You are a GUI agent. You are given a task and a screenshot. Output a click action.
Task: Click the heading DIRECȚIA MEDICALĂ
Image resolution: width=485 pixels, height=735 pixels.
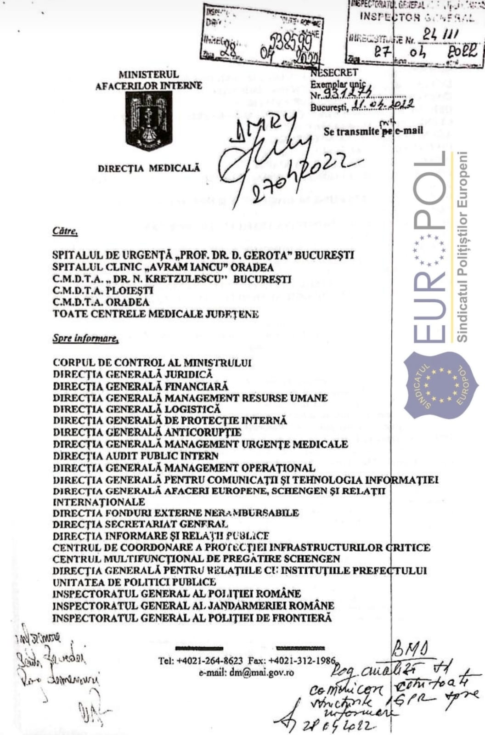point(149,168)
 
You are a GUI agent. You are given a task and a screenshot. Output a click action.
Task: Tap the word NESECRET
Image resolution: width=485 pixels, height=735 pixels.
point(334,73)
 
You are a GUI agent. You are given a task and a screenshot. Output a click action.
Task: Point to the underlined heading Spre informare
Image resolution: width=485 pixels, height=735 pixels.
point(85,339)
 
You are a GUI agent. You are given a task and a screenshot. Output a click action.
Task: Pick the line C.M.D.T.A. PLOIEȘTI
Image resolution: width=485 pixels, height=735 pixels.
point(103,291)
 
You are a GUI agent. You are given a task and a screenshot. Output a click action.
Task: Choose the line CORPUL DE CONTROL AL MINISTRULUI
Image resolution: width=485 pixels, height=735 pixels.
point(152,363)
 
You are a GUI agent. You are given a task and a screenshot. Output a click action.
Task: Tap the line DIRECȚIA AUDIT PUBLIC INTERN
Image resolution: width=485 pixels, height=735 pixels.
point(135,456)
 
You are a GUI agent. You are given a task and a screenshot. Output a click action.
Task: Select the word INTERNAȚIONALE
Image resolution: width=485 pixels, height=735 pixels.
point(99,502)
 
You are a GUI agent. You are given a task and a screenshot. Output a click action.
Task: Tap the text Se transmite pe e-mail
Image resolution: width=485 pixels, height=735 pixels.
point(373,131)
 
